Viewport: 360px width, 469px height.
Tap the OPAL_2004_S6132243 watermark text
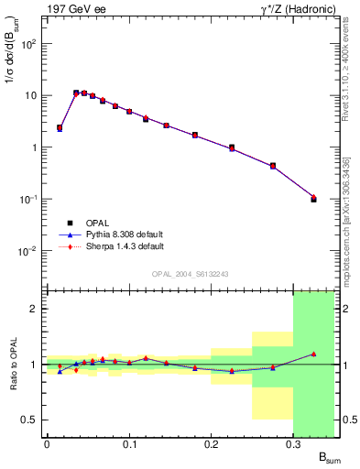pyautogui.click(x=191, y=273)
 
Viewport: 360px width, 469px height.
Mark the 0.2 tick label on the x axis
pyautogui.click(x=211, y=444)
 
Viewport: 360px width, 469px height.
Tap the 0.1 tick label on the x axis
pyautogui.click(x=128, y=444)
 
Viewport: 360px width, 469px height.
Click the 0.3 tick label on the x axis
pyautogui.click(x=292, y=444)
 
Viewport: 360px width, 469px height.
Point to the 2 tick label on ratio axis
pyautogui.click(x=33, y=309)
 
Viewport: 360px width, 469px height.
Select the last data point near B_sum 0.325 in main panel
pyautogui.click(x=313, y=198)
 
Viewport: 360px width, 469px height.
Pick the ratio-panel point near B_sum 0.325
pyautogui.click(x=313, y=354)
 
